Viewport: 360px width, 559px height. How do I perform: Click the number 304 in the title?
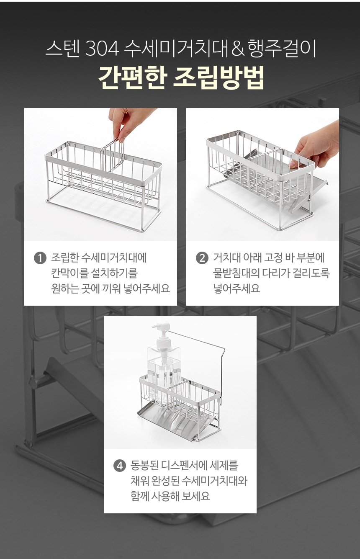tap(102, 49)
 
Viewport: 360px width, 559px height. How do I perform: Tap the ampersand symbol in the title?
tap(237, 49)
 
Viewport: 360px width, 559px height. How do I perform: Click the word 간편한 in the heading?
tap(132, 77)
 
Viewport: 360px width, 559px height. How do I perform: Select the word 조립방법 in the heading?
tap(218, 77)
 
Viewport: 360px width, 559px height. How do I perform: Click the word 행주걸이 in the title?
tap(282, 49)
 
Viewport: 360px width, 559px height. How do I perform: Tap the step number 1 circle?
tap(40, 258)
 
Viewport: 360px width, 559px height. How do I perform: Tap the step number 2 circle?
tap(202, 258)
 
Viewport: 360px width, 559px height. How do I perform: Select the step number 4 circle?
tap(120, 466)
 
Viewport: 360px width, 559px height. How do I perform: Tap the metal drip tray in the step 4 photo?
tap(175, 422)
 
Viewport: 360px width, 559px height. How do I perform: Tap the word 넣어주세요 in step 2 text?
tap(237, 289)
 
